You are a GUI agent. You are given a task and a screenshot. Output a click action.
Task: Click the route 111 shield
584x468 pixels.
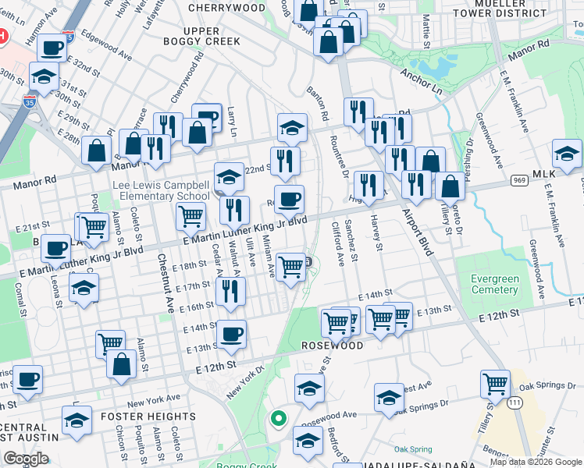(x=514, y=402)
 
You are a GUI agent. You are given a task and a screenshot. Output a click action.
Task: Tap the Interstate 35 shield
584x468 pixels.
(x=68, y=36)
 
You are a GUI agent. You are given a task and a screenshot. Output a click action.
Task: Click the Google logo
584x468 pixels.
(x=26, y=459)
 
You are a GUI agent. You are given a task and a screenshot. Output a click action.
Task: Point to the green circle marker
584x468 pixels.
(x=277, y=419)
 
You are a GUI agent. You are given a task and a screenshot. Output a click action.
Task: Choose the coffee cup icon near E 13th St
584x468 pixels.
(x=231, y=335)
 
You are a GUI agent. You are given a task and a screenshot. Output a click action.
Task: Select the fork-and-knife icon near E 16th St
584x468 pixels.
(x=230, y=291)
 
